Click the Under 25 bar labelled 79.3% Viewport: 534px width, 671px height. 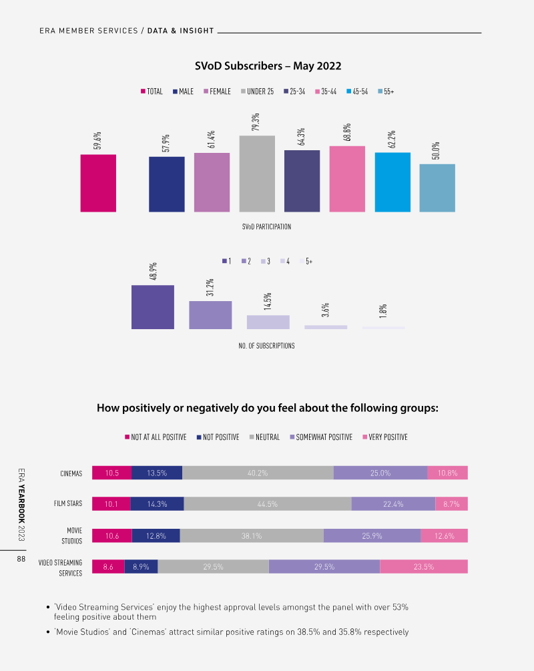257,174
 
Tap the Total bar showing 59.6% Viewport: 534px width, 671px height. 98,183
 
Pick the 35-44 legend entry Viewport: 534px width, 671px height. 325,91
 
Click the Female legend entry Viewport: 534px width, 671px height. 217,91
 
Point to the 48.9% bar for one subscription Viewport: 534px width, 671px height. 153,306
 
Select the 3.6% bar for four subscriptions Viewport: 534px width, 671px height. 326,327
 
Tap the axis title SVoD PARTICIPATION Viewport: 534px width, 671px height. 266,227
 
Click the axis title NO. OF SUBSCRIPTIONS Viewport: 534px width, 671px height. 266,346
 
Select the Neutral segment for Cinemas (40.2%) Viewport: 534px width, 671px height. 258,473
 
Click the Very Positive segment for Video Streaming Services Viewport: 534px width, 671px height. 424,567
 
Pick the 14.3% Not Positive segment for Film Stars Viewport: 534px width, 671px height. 157,504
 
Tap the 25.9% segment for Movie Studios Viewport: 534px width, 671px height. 372,535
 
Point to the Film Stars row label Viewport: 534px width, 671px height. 68,504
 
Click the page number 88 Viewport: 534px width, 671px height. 21,560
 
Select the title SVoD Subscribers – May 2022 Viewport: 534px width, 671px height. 268,65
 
